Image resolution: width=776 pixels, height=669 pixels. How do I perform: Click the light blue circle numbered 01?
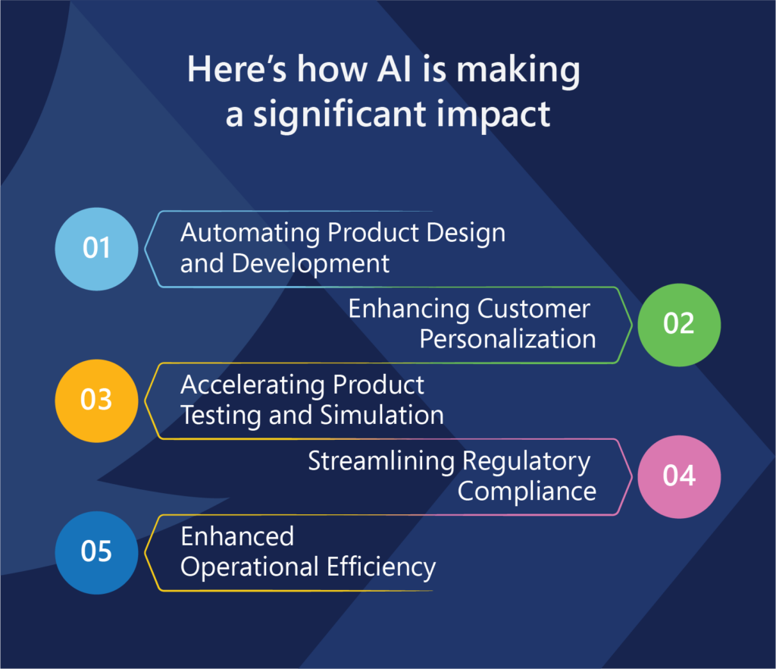[96, 249]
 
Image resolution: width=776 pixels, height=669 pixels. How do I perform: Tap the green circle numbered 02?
[679, 325]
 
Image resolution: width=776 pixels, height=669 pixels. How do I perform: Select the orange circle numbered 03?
[96, 400]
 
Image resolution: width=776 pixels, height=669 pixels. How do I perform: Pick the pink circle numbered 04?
[679, 477]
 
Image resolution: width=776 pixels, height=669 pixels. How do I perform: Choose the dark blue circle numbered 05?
[96, 553]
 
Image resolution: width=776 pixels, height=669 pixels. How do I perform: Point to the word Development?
[311, 263]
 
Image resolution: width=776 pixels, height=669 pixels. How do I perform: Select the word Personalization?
[508, 339]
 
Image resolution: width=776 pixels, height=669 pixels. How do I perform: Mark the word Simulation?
[382, 415]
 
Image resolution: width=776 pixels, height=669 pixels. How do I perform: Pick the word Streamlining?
[382, 461]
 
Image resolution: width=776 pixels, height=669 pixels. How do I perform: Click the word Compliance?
[527, 492]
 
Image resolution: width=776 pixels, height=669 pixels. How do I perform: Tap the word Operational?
[249, 567]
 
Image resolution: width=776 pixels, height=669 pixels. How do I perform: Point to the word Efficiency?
[381, 567]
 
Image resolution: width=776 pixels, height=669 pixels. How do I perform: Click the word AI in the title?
[394, 69]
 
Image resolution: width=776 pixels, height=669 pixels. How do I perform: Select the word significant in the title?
[340, 115]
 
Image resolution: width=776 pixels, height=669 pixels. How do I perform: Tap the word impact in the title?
[493, 115]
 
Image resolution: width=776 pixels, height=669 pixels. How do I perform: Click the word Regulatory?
[527, 461]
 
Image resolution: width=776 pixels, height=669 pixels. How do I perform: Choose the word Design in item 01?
[466, 233]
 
